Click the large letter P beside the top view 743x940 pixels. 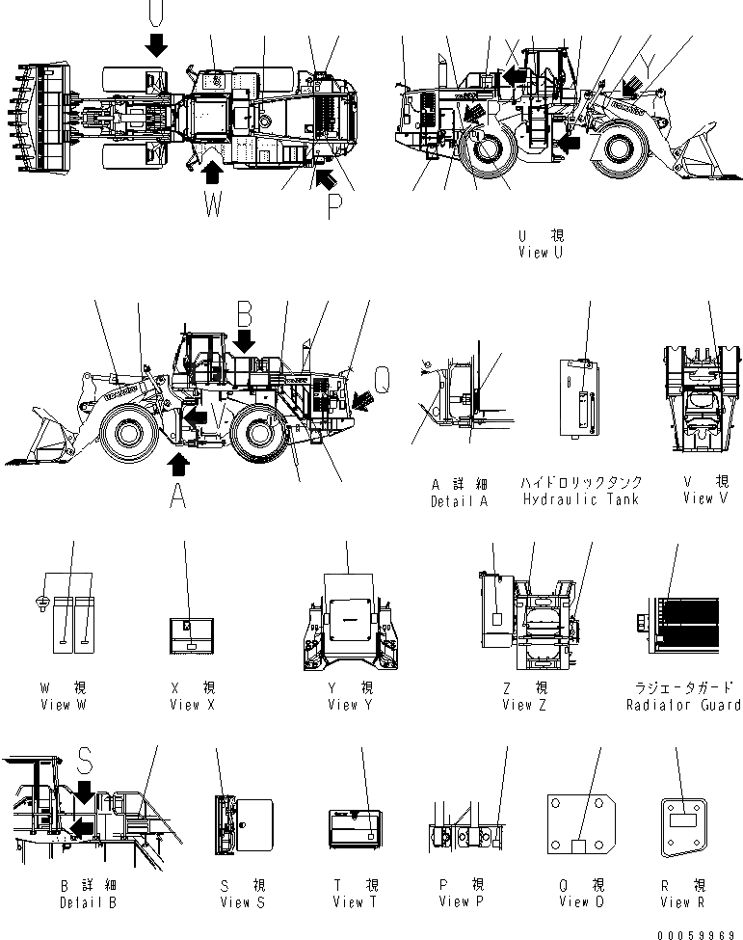click(334, 206)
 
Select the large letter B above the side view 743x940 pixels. click(245, 314)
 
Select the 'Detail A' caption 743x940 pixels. click(460, 501)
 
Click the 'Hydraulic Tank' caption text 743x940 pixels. click(580, 499)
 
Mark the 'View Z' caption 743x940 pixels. click(523, 705)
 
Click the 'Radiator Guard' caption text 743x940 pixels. click(682, 706)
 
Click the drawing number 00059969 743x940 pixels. click(701, 932)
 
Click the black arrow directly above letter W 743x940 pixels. click(213, 171)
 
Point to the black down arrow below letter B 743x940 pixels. click(245, 339)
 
